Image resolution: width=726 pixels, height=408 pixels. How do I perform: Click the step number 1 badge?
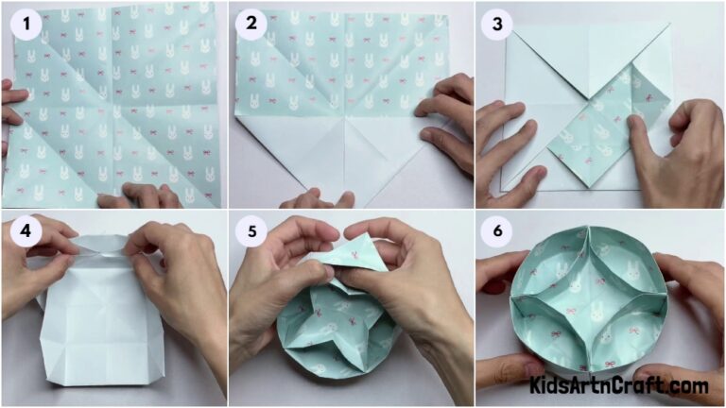tap(27, 25)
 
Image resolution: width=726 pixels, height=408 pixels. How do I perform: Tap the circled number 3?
tap(497, 25)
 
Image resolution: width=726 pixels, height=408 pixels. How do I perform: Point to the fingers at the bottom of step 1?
tap(142, 196)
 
